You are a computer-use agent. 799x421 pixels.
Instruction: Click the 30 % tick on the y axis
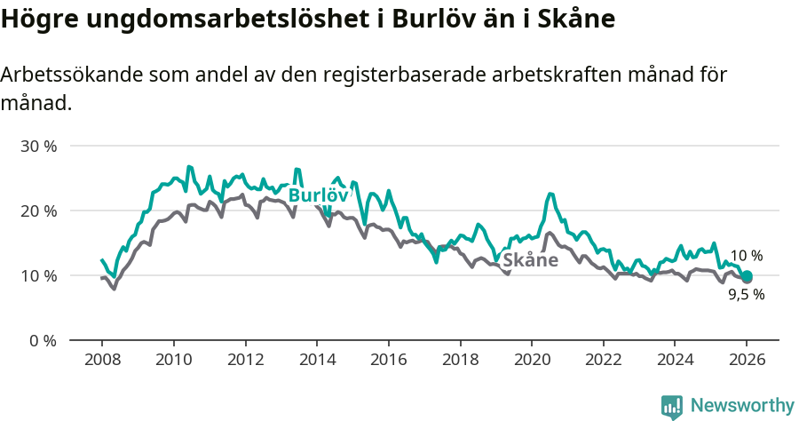pos(38,146)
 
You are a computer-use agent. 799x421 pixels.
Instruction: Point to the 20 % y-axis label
pos(38,210)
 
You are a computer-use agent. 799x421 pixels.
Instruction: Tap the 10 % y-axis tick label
pos(38,275)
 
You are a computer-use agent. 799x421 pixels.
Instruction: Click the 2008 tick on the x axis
pos(101,361)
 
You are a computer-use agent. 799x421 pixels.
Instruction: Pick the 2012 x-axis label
pos(245,361)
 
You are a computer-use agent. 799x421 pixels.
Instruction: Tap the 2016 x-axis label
pos(388,361)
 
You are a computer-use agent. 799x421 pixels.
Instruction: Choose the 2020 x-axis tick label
pos(531,361)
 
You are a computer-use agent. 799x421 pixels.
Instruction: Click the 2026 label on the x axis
pos(747,361)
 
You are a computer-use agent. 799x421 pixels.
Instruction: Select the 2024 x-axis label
pos(675,361)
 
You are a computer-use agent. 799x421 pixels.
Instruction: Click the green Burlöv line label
pos(317,195)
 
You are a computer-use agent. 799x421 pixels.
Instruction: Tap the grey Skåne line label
pos(530,260)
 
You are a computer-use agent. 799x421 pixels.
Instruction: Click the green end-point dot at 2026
pos(747,276)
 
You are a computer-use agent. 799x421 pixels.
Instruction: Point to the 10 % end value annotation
pos(746,256)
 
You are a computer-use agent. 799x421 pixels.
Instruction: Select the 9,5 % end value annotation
pos(746,295)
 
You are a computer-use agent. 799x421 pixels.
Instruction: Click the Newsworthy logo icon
pos(672,406)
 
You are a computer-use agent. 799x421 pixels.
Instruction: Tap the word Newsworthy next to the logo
pos(741,406)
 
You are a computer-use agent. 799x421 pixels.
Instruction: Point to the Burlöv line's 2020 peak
pos(550,194)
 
